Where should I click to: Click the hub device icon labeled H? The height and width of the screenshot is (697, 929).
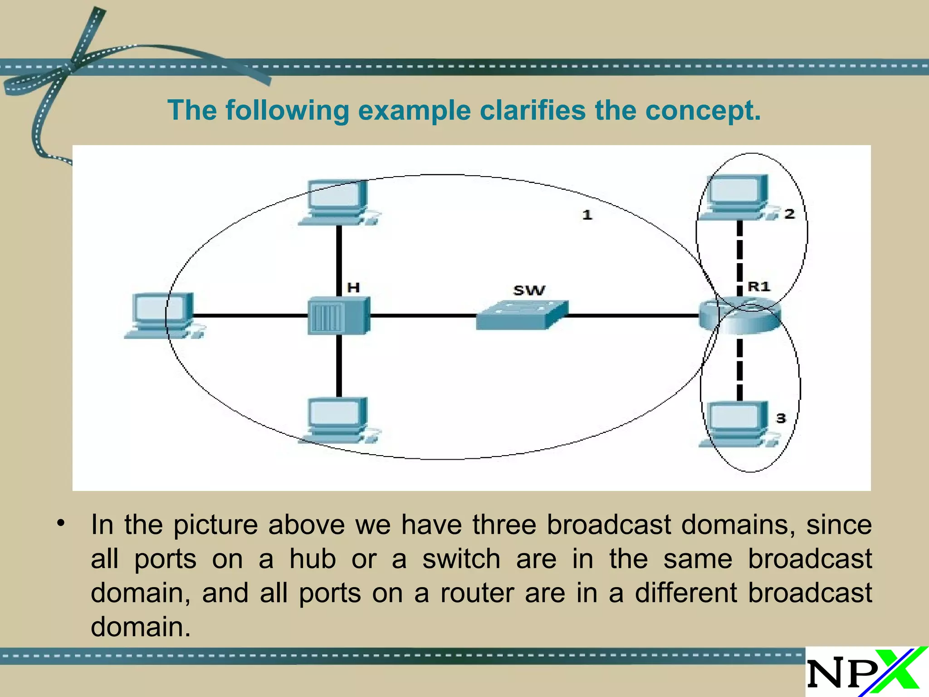coord(339,316)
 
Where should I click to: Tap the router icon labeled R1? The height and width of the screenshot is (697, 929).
coord(739,316)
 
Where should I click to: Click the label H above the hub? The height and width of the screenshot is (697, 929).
coord(353,287)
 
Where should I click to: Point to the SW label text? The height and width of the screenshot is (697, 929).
coord(529,290)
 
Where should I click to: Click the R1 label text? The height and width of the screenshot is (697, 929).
coord(759,286)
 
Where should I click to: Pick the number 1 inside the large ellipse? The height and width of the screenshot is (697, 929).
coord(587,215)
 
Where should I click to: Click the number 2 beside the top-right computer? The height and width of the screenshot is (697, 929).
coord(789,214)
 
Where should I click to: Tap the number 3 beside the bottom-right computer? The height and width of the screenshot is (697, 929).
coord(781,418)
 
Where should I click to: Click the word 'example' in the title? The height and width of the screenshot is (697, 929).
coord(415,110)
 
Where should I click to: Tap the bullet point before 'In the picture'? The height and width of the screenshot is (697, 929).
coord(61,524)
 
